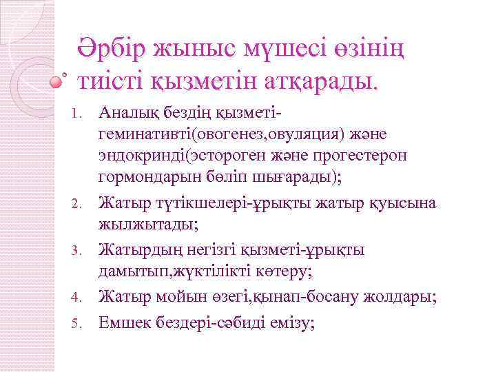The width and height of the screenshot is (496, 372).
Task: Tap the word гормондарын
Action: point(143,180)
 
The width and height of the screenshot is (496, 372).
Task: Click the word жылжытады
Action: point(139,227)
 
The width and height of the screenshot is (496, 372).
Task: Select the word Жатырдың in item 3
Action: point(136,250)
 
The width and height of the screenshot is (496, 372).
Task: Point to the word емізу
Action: point(289,321)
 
